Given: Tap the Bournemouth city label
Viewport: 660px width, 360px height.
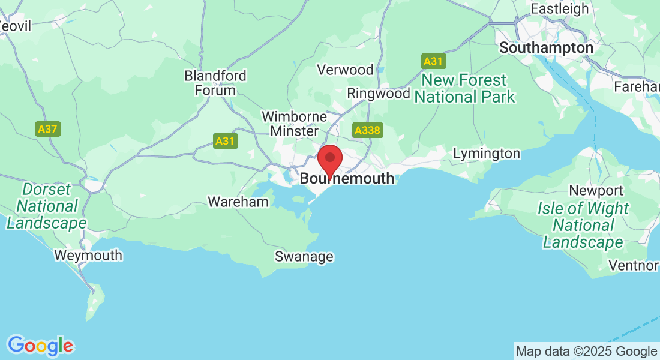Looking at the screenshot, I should (x=347, y=179).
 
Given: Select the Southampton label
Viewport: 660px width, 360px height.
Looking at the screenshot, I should (x=546, y=47).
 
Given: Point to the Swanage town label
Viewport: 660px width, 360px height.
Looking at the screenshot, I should (x=304, y=257).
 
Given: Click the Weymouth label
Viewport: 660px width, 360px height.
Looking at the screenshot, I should (x=88, y=255).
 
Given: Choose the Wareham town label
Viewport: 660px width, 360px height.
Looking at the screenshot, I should (x=238, y=202).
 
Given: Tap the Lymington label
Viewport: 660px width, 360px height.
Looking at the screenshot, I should (x=487, y=154).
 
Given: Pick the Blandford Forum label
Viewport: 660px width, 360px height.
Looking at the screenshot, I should (x=215, y=83).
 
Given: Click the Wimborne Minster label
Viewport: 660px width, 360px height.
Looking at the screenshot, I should (x=295, y=124).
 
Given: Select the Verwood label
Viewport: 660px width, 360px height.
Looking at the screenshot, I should (x=345, y=70).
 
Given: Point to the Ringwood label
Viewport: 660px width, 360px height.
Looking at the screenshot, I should (x=379, y=94).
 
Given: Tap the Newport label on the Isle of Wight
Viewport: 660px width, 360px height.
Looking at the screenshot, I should (x=587, y=191).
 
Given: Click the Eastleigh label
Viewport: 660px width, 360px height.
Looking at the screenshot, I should (x=560, y=9).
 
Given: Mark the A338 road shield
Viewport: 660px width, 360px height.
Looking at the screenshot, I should (x=368, y=131).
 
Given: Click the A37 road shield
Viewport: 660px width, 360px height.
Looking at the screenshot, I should (x=48, y=128).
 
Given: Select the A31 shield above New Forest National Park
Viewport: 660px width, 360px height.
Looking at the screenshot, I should (x=433, y=61).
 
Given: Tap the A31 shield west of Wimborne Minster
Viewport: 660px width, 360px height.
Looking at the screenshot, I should (x=226, y=142).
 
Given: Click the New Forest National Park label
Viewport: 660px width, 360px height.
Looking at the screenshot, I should (x=464, y=88).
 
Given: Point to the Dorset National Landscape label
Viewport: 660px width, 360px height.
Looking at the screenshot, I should (x=46, y=206).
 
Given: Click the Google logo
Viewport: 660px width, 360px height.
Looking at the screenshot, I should (x=40, y=346).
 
